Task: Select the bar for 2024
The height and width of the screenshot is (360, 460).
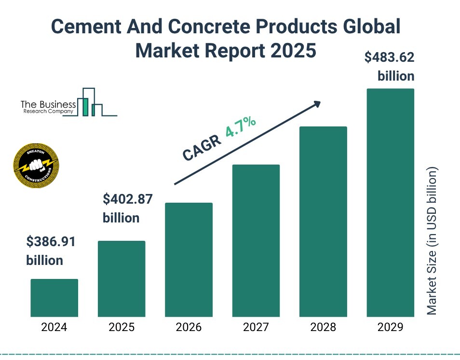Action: [x=54, y=297]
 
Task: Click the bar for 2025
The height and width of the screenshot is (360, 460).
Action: [x=122, y=278]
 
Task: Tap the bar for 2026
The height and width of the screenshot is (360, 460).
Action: [x=189, y=259]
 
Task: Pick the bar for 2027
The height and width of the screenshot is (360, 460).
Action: [x=256, y=240]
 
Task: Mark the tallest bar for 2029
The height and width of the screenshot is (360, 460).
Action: [x=391, y=202]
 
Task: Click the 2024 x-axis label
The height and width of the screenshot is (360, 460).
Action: [x=54, y=328]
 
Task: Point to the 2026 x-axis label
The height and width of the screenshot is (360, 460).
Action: [x=189, y=328]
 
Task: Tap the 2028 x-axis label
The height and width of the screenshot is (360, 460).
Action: [x=323, y=328]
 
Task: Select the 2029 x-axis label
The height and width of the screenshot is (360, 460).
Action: [x=391, y=328]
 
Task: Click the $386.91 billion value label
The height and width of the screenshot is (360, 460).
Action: [x=51, y=251]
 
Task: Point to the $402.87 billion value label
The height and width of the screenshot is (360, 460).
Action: [x=128, y=208]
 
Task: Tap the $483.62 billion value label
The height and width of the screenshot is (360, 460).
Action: [x=389, y=67]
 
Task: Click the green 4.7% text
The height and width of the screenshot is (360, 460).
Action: [x=240, y=127]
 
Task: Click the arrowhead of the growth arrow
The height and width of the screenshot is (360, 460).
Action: [x=317, y=104]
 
